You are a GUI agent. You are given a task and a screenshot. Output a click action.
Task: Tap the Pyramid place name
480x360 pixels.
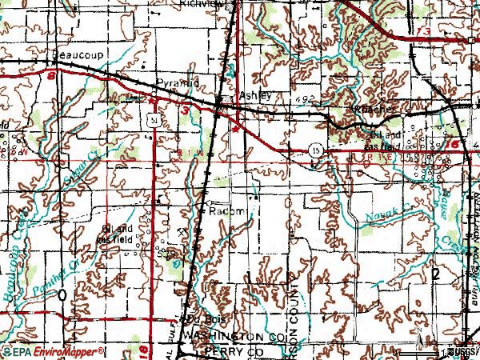click(174, 83)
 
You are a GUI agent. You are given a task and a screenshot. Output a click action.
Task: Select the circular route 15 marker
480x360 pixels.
click(317, 149)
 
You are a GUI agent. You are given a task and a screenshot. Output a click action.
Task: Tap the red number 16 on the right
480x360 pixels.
click(454, 144)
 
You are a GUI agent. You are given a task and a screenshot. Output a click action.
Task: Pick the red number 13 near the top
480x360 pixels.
click(422, 30)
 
